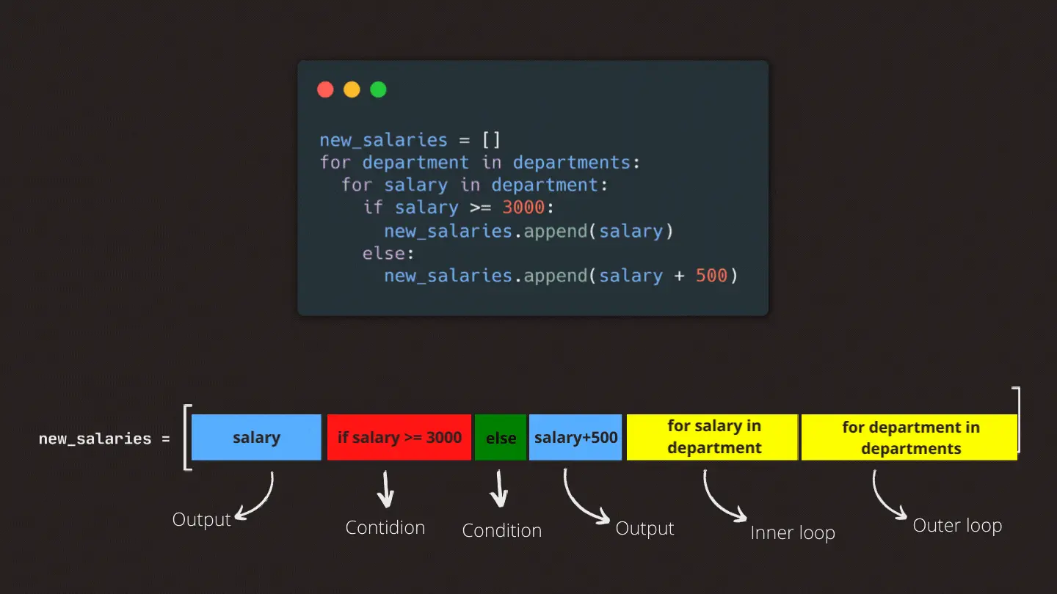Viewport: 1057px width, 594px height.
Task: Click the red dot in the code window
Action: (325, 89)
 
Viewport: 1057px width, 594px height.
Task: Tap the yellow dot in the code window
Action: (352, 89)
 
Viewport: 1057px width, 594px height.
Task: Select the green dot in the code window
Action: (378, 89)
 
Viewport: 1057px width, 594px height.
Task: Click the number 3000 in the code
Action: (523, 208)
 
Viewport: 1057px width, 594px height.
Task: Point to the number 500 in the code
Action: (711, 276)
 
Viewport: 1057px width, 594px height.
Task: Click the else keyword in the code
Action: (385, 253)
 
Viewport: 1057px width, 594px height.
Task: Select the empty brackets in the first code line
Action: (491, 140)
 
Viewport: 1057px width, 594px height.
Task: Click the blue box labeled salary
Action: (256, 438)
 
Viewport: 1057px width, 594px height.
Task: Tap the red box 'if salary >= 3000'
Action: (399, 438)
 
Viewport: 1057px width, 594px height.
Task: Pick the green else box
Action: (501, 438)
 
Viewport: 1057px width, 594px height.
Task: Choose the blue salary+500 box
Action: (575, 438)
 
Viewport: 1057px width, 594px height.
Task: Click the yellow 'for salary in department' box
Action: (713, 437)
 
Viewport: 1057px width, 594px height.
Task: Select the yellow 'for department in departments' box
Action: (909, 438)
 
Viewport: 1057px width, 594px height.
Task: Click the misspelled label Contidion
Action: (385, 527)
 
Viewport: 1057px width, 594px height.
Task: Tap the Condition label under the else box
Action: (502, 530)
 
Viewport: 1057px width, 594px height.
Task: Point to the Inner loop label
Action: (793, 533)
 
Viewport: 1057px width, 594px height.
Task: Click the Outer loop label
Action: (957, 526)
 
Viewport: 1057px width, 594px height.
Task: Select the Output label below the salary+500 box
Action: (644, 529)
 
